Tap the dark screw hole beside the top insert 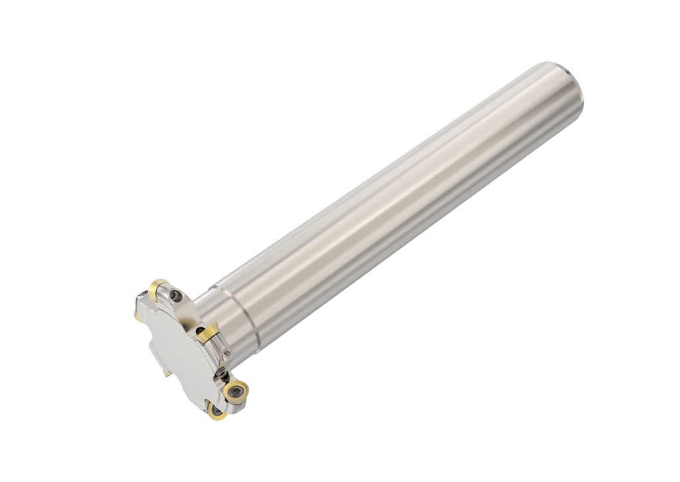pos(175,295)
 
